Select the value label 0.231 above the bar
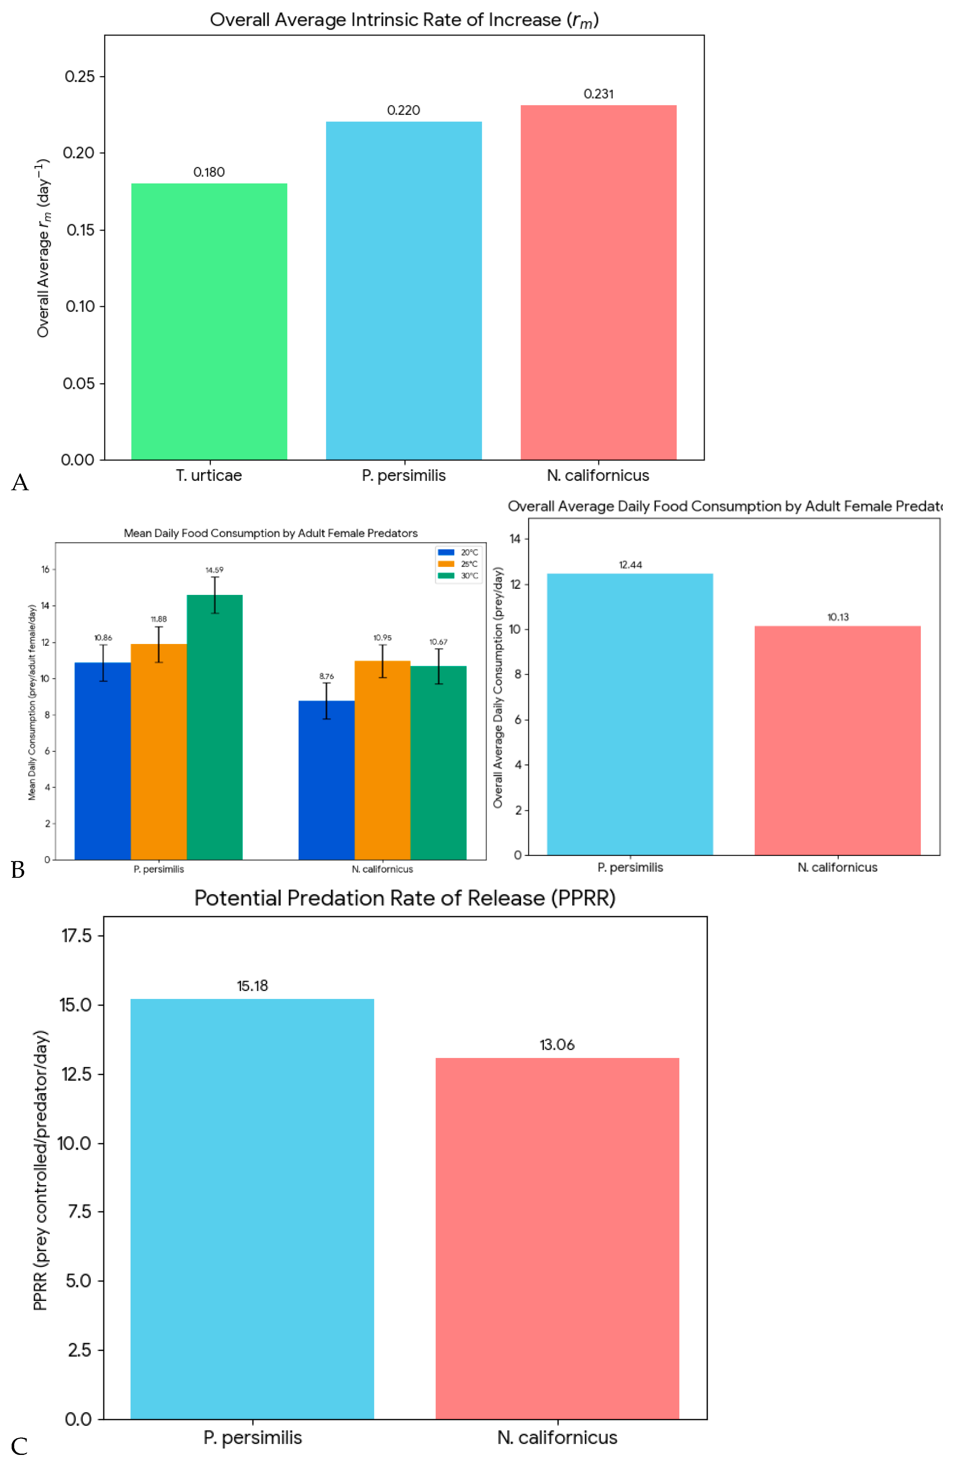(x=598, y=94)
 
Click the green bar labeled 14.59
(x=214, y=727)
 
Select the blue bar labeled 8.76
(x=326, y=780)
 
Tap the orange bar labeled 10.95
(x=382, y=760)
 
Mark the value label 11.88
(x=158, y=619)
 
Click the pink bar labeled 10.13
(x=838, y=740)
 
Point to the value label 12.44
(x=630, y=565)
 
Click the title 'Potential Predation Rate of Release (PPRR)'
(x=405, y=898)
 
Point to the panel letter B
(x=18, y=870)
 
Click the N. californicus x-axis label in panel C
(x=557, y=1438)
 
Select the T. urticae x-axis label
(x=209, y=475)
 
